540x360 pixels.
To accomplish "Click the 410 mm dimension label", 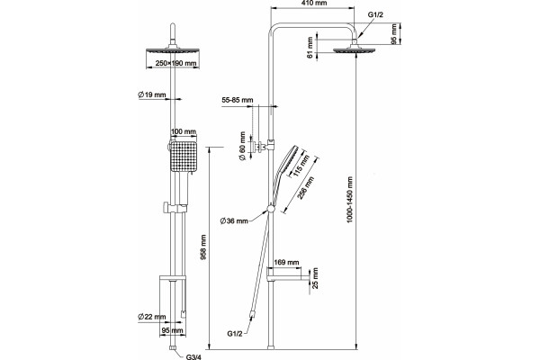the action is tap(313, 3).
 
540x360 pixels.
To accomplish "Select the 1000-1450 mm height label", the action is tap(350, 200).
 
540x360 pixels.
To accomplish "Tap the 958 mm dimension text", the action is tap(204, 247).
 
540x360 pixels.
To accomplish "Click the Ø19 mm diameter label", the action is tap(151, 94).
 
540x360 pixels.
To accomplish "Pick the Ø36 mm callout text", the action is tap(234, 220).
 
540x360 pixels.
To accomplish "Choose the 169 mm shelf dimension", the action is tap(286, 263).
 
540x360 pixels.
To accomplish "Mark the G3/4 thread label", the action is tap(193, 356).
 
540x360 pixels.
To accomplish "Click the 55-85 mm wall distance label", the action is tap(238, 100).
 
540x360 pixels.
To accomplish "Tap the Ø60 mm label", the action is tap(242, 146).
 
